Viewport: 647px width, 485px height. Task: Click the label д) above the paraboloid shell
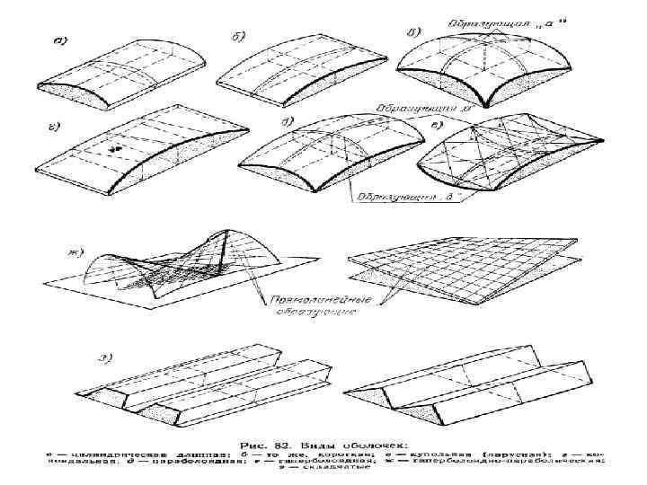[286, 126]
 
